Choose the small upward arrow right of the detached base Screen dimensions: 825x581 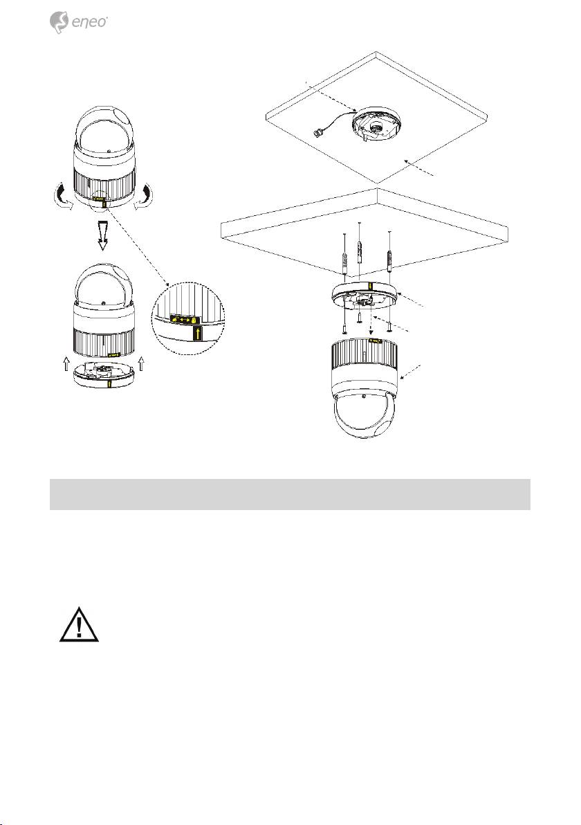141,364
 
